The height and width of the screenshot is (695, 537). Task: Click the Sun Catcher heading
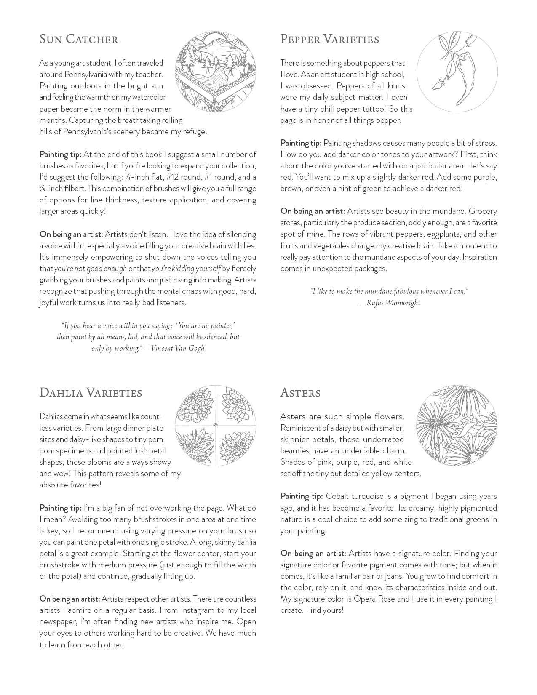pyautogui.click(x=79, y=39)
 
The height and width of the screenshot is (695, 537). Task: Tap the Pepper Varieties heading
pyautogui.click(x=330, y=39)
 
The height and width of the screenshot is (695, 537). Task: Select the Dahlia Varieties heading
pyautogui.click(x=91, y=393)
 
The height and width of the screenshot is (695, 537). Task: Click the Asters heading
pyautogui.click(x=300, y=393)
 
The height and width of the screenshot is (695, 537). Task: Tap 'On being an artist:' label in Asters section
pyautogui.click(x=313, y=553)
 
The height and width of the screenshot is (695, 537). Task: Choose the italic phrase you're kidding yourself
pyautogui.click(x=185, y=269)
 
